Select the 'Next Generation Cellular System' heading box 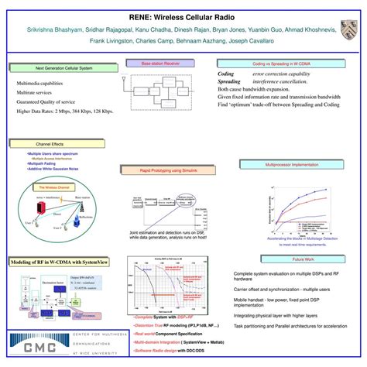click(64, 70)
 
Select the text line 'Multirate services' click(36, 91)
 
